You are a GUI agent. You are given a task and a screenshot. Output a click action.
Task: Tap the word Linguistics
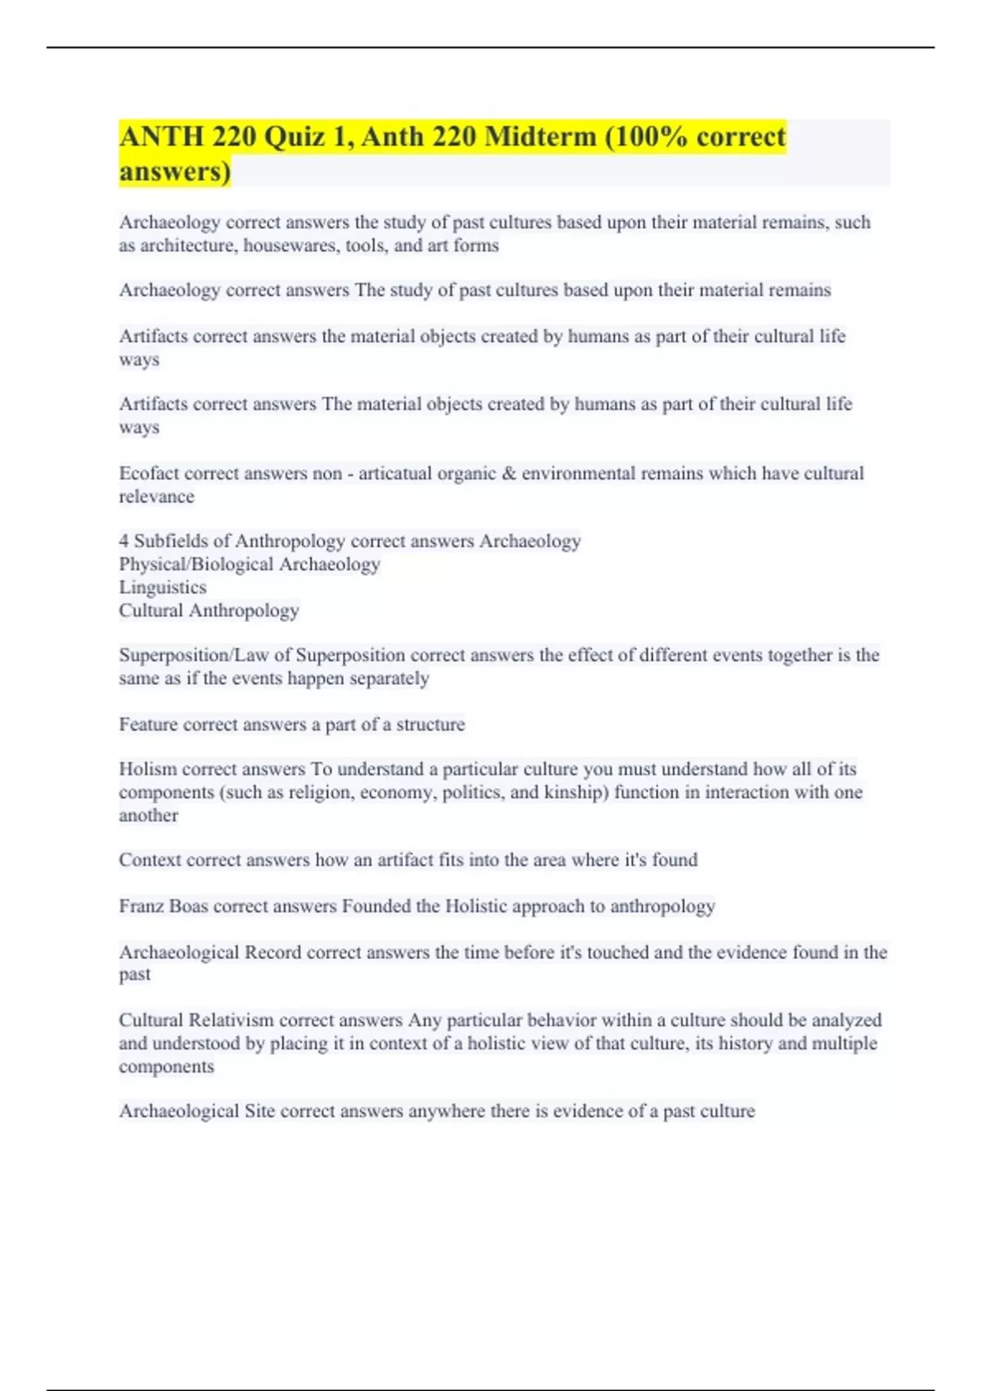click(162, 587)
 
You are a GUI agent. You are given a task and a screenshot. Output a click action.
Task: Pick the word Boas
click(188, 906)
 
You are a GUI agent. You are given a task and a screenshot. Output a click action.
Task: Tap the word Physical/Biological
click(196, 564)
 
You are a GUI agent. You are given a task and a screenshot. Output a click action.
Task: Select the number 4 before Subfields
click(124, 541)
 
